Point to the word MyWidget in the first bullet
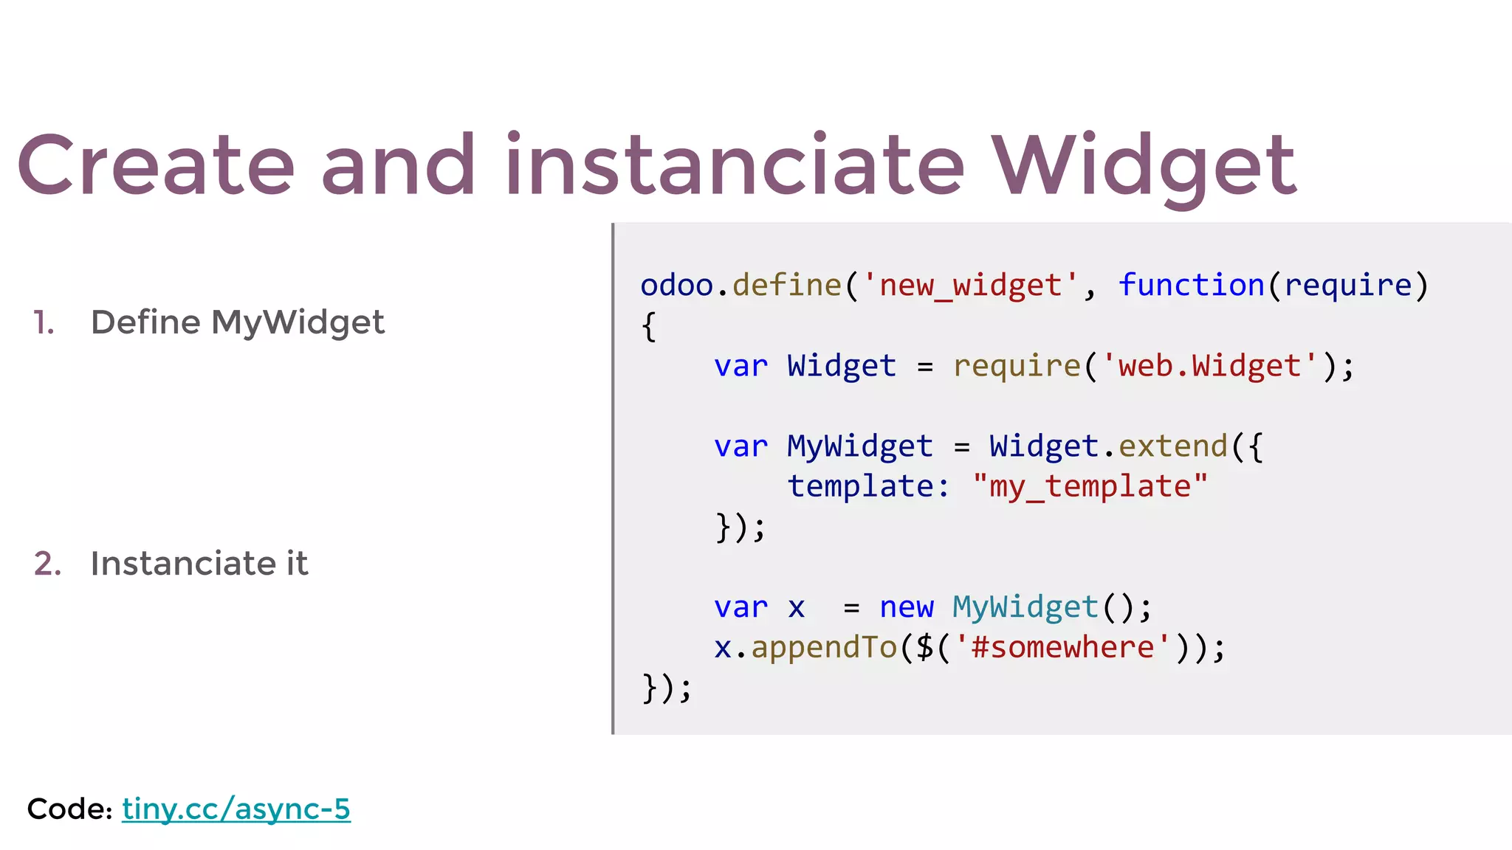click(x=298, y=323)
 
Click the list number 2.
click(x=47, y=564)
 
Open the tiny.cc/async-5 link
click(x=236, y=809)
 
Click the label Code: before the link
click(x=69, y=809)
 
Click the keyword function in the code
click(x=1192, y=286)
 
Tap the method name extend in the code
click(x=1172, y=446)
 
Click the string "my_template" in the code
click(x=1090, y=487)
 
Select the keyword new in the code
click(x=907, y=608)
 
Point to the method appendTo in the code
click(x=824, y=648)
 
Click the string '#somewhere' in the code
click(x=1062, y=648)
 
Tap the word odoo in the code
click(x=676, y=286)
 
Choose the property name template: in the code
click(x=868, y=487)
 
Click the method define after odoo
click(x=787, y=286)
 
